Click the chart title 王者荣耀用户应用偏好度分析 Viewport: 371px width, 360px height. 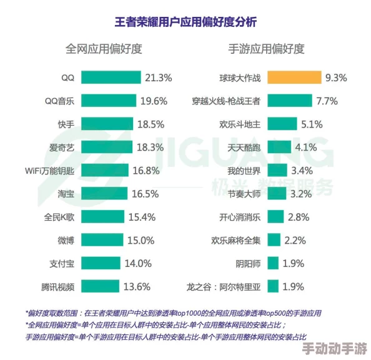pyautogui.click(x=185, y=22)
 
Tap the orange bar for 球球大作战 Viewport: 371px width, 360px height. pyautogui.click(x=294, y=77)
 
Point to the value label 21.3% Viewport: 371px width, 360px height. pyautogui.click(x=158, y=77)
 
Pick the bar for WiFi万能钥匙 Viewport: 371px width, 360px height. pyautogui.click(x=104, y=170)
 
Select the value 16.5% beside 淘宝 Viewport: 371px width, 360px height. pyautogui.click(x=143, y=194)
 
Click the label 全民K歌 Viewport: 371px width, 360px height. pyautogui.click(x=59, y=217)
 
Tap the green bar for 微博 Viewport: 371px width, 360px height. pyautogui.click(x=102, y=241)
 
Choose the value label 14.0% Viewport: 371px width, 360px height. pyautogui.click(x=138, y=264)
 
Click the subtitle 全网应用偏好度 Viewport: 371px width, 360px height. pyautogui.click(x=104, y=49)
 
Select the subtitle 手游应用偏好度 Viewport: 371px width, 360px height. pyautogui.click(x=267, y=49)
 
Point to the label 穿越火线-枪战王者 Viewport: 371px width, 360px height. pyautogui.click(x=227, y=101)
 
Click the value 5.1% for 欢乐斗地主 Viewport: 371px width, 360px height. pyautogui.click(x=311, y=124)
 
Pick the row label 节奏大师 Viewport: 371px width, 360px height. pyautogui.click(x=244, y=194)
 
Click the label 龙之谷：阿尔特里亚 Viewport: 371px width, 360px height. pyautogui.click(x=224, y=287)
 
